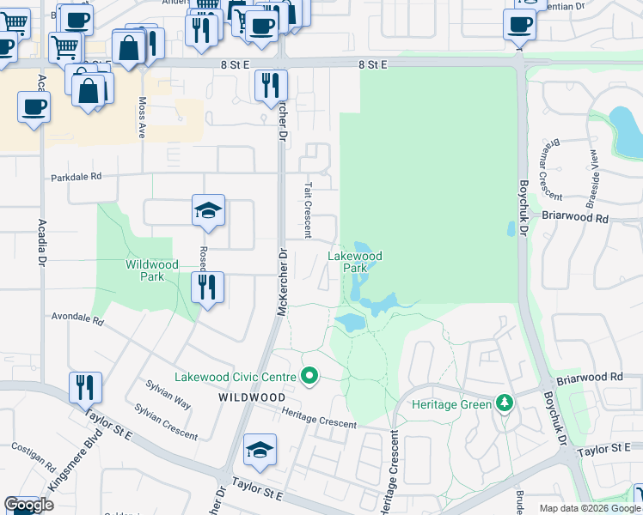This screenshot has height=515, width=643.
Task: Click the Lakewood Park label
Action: pyautogui.click(x=354, y=262)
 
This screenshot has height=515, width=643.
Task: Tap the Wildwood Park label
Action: pyautogui.click(x=151, y=270)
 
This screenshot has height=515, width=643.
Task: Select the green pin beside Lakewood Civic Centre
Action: pyautogui.click(x=310, y=376)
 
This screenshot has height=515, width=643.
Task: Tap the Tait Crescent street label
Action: pyautogui.click(x=307, y=209)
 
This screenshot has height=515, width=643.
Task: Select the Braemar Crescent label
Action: pyautogui.click(x=550, y=173)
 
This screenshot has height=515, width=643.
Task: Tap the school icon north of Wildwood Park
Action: pyautogui.click(x=207, y=210)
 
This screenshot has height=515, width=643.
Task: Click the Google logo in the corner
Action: pyautogui.click(x=29, y=505)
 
